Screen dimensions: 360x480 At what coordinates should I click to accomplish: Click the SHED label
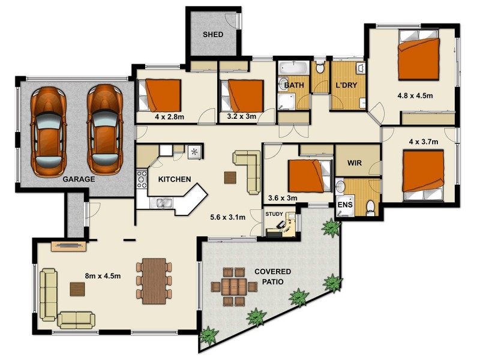click(x=212, y=35)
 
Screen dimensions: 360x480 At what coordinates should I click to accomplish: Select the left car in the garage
click(x=48, y=131)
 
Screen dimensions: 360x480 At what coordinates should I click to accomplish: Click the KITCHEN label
click(x=175, y=179)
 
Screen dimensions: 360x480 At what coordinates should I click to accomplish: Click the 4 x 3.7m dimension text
click(x=424, y=142)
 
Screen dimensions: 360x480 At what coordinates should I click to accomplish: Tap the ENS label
click(x=344, y=205)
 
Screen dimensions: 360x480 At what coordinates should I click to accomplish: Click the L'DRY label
click(x=346, y=85)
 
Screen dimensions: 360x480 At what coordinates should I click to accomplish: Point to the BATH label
click(x=293, y=85)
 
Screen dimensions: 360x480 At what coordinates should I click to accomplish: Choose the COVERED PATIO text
click(x=273, y=276)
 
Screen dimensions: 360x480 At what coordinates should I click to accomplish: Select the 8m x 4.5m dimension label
click(x=104, y=276)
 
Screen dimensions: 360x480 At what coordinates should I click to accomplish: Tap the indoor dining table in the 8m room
click(x=154, y=280)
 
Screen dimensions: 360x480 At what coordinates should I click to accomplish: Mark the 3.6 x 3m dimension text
click(x=283, y=197)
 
